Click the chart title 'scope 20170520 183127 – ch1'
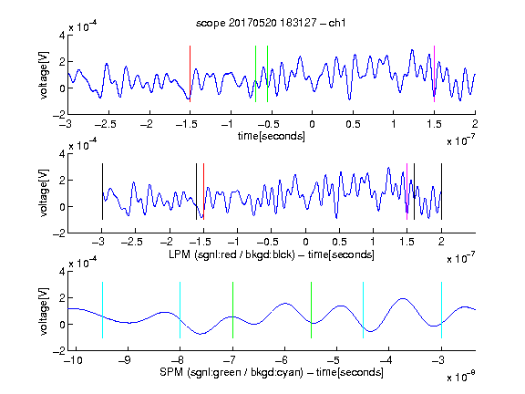tap(271, 23)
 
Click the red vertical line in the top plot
tap(190, 74)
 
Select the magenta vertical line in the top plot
tap(434, 74)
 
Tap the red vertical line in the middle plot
tap(203, 192)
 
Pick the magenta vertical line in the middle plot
tap(407, 192)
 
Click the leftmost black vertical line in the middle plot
tap(102, 192)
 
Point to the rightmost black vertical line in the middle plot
tap(442, 192)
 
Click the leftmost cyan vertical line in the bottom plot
tap(102, 310)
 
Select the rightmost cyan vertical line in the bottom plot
tap(442, 310)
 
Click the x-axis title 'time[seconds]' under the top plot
tap(272, 137)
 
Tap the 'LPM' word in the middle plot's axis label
tap(180, 254)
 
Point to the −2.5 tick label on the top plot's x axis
tap(106, 124)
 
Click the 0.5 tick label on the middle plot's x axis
tap(339, 242)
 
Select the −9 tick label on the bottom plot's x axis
tap(125, 360)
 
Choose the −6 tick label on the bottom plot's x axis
tap(282, 360)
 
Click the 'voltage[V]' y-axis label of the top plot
tap(44, 75)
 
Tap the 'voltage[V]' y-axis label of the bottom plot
tap(44, 311)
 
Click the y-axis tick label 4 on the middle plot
tap(62, 154)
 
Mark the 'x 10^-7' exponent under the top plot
tap(461, 140)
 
